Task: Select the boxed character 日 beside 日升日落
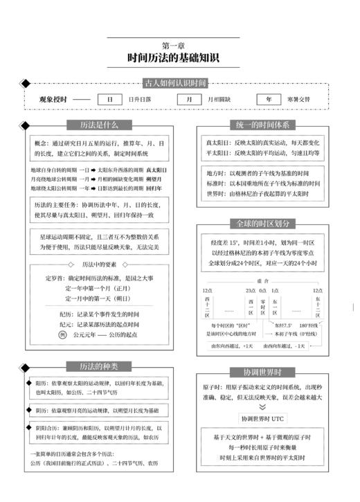pos(109,99)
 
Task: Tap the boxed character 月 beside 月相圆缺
pos(189,99)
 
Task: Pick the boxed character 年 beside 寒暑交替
pos(269,99)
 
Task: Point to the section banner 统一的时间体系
pos(263,125)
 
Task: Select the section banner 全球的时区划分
pos(263,224)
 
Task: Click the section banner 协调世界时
pos(263,372)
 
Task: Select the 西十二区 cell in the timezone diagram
pos(208,305)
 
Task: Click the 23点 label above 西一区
pos(250,290)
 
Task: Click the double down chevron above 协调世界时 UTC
pos(263,408)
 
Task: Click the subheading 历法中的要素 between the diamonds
pos(96,264)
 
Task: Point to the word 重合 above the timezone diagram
pos(263,280)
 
